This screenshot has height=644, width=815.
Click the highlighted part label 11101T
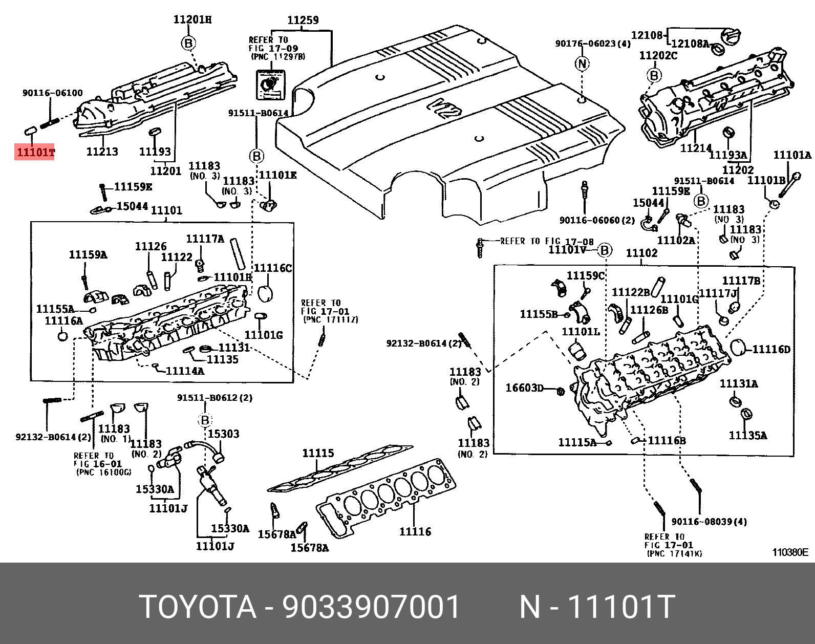pyautogui.click(x=34, y=152)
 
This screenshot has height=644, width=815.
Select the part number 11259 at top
pyautogui.click(x=303, y=20)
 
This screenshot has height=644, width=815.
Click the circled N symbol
pyautogui.click(x=582, y=64)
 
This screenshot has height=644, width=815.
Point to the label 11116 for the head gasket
pyautogui.click(x=415, y=532)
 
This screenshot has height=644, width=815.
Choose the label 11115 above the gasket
pyautogui.click(x=317, y=453)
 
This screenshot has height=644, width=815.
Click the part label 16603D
pyautogui.click(x=524, y=388)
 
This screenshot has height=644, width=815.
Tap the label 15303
pyautogui.click(x=223, y=434)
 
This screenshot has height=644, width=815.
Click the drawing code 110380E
pyautogui.click(x=790, y=552)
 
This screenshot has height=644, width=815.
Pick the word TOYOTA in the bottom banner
pyautogui.click(x=197, y=607)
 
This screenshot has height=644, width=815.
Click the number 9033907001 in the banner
pyautogui.click(x=372, y=607)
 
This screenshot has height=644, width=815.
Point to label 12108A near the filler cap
pyautogui.click(x=690, y=44)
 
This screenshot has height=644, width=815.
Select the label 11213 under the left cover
pyautogui.click(x=102, y=152)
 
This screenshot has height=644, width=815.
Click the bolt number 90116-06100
pyautogui.click(x=52, y=93)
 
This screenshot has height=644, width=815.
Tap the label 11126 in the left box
pyautogui.click(x=151, y=247)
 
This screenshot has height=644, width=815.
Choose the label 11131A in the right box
pyautogui.click(x=739, y=384)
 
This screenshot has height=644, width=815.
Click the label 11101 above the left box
pyautogui.click(x=166, y=210)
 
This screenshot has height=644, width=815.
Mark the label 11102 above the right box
pyautogui.click(x=641, y=253)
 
